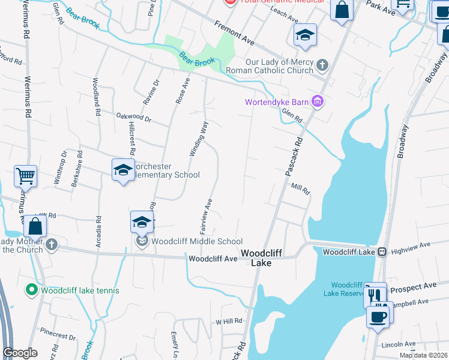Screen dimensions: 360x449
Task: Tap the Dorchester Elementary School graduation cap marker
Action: [x=122, y=170]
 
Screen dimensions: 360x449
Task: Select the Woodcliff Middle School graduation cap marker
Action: [x=142, y=223]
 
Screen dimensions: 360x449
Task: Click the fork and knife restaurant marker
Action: [x=375, y=295]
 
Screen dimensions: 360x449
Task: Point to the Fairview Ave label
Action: [x=205, y=216]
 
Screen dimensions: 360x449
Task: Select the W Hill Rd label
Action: [x=228, y=321]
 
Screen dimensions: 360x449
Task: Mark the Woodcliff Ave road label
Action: [x=213, y=259]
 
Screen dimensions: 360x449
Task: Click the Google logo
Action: [x=20, y=353]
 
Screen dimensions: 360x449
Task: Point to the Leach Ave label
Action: [x=285, y=20]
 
